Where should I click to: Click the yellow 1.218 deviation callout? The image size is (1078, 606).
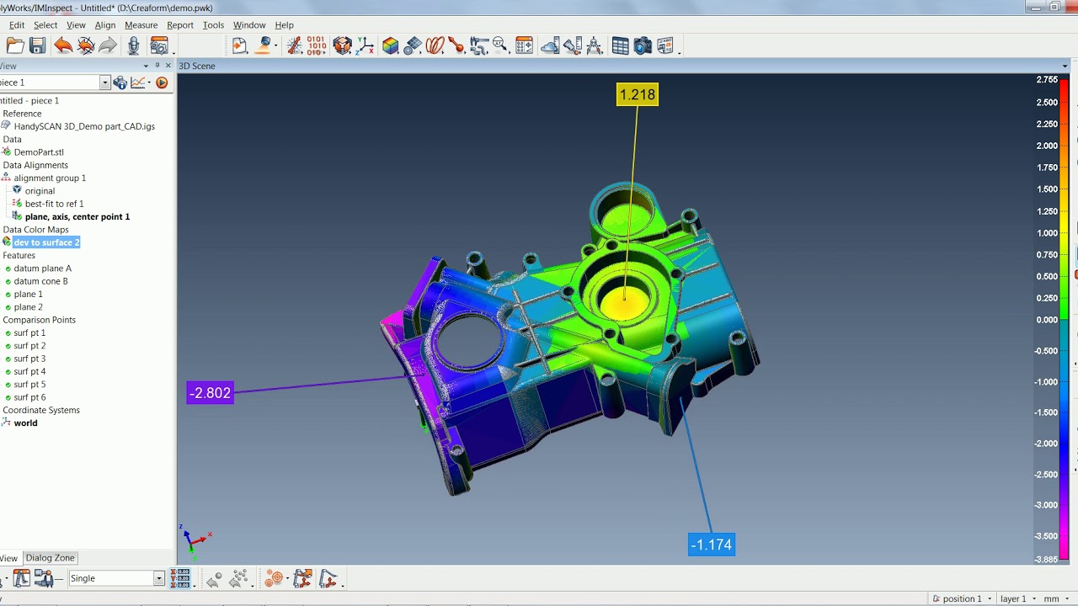(637, 95)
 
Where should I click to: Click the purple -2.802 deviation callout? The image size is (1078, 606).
(210, 393)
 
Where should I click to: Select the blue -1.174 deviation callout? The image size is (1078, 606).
(711, 545)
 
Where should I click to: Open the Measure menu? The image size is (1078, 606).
(141, 25)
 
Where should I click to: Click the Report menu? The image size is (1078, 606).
(180, 25)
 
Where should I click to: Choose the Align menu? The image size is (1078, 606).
(105, 25)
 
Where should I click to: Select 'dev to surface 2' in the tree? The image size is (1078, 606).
(46, 242)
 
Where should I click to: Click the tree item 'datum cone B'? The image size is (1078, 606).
(40, 281)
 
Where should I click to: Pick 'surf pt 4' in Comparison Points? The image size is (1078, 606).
(29, 371)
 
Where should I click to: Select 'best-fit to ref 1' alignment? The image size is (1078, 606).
(54, 204)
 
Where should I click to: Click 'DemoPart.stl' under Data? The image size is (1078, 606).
(39, 152)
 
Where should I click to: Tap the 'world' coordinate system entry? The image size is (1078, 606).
(25, 423)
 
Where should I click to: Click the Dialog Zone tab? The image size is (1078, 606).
(50, 558)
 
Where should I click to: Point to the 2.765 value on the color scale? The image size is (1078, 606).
(1047, 80)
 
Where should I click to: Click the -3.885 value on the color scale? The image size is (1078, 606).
(1046, 559)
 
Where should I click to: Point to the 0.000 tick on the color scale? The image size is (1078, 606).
(1047, 320)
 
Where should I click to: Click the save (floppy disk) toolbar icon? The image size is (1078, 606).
(37, 46)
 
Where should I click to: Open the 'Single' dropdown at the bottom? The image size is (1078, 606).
(158, 578)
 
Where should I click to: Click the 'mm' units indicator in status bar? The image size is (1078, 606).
(1052, 598)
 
